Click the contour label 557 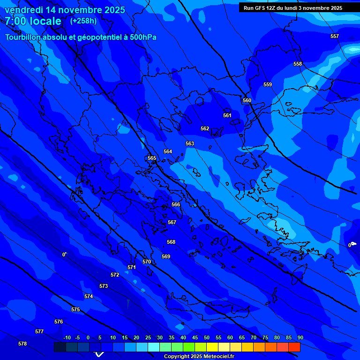[x=334, y=36]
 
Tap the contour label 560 [x=247, y=100]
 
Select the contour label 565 [x=152, y=158]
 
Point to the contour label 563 [x=190, y=143]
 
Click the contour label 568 [x=171, y=242]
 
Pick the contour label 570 [x=147, y=262]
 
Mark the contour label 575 [x=75, y=309]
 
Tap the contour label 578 [x=22, y=344]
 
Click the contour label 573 [x=104, y=286]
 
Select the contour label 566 [x=176, y=204]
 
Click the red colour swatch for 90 [x=294, y=347]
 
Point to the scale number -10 [x=67, y=337]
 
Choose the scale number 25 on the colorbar [x=148, y=337]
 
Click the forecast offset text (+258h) [x=83, y=21]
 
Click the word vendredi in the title [x=23, y=10]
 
